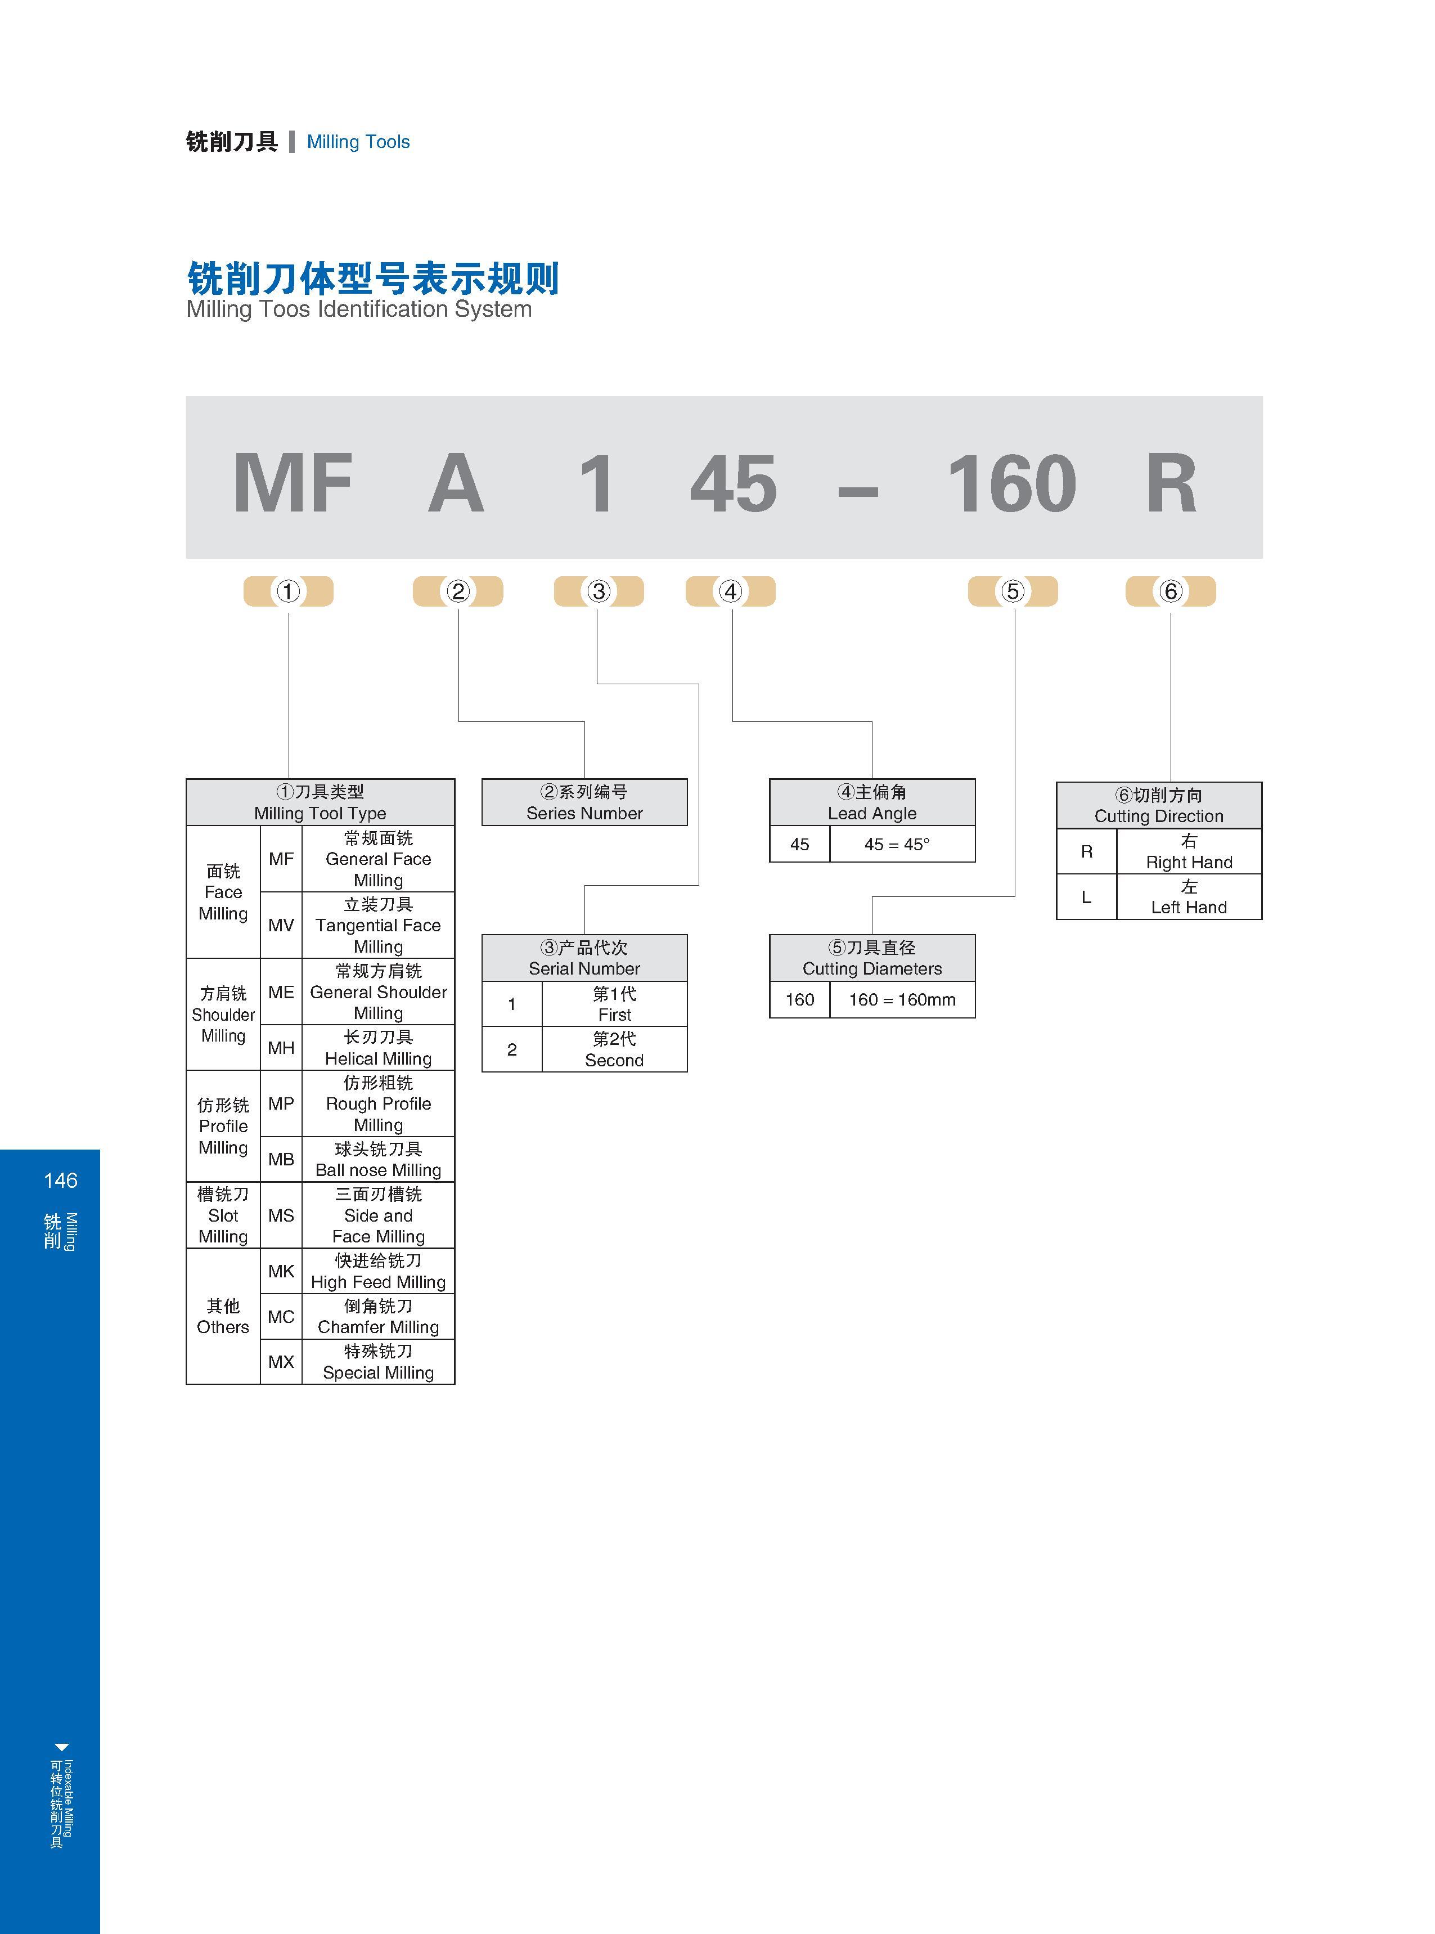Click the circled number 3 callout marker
coord(599,591)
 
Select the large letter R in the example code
coord(1172,483)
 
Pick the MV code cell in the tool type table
coord(281,925)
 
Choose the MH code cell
coord(281,1048)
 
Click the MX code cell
coord(281,1361)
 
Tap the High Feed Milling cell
coord(378,1272)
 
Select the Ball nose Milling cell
coord(378,1159)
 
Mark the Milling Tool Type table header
coord(321,802)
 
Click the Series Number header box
coord(584,802)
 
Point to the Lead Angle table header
coord(872,802)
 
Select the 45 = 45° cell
coord(902,843)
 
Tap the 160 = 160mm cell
coord(902,999)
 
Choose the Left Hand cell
coord(1189,896)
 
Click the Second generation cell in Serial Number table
coord(614,1049)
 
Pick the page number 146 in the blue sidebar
coord(60,1180)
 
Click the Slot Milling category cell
coord(223,1215)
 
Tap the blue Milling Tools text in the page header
coord(358,142)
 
